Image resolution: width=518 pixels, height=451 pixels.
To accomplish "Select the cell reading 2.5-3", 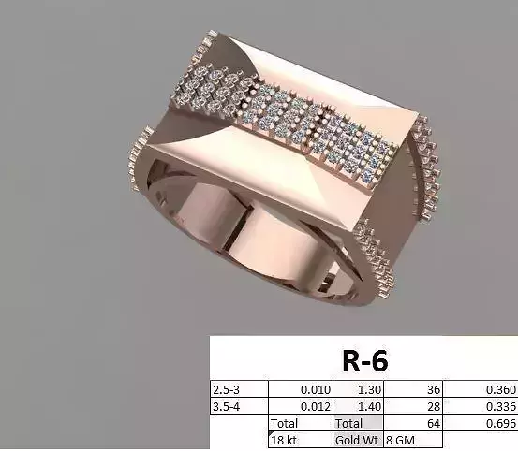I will click(x=226, y=389).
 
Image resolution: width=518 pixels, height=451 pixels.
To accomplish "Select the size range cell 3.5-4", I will click(x=226, y=406).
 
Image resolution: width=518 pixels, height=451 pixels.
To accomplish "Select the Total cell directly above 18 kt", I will click(x=284, y=423).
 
